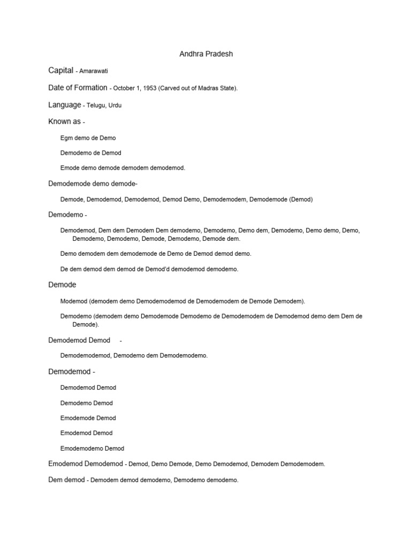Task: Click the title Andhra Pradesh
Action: pos(205,54)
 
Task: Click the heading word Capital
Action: pos(60,71)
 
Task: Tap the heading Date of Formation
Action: pos(78,88)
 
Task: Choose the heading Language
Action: pos(64,105)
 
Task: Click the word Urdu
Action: pos(115,105)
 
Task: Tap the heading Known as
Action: pos(64,121)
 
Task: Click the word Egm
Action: pos(66,138)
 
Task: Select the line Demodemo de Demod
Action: pos(90,153)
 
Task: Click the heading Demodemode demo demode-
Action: pos(93,184)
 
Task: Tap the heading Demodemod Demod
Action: pos(79,340)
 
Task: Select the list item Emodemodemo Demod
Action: pos(92,448)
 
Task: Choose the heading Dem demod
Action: pos(66,480)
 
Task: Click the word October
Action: pos(125,88)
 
